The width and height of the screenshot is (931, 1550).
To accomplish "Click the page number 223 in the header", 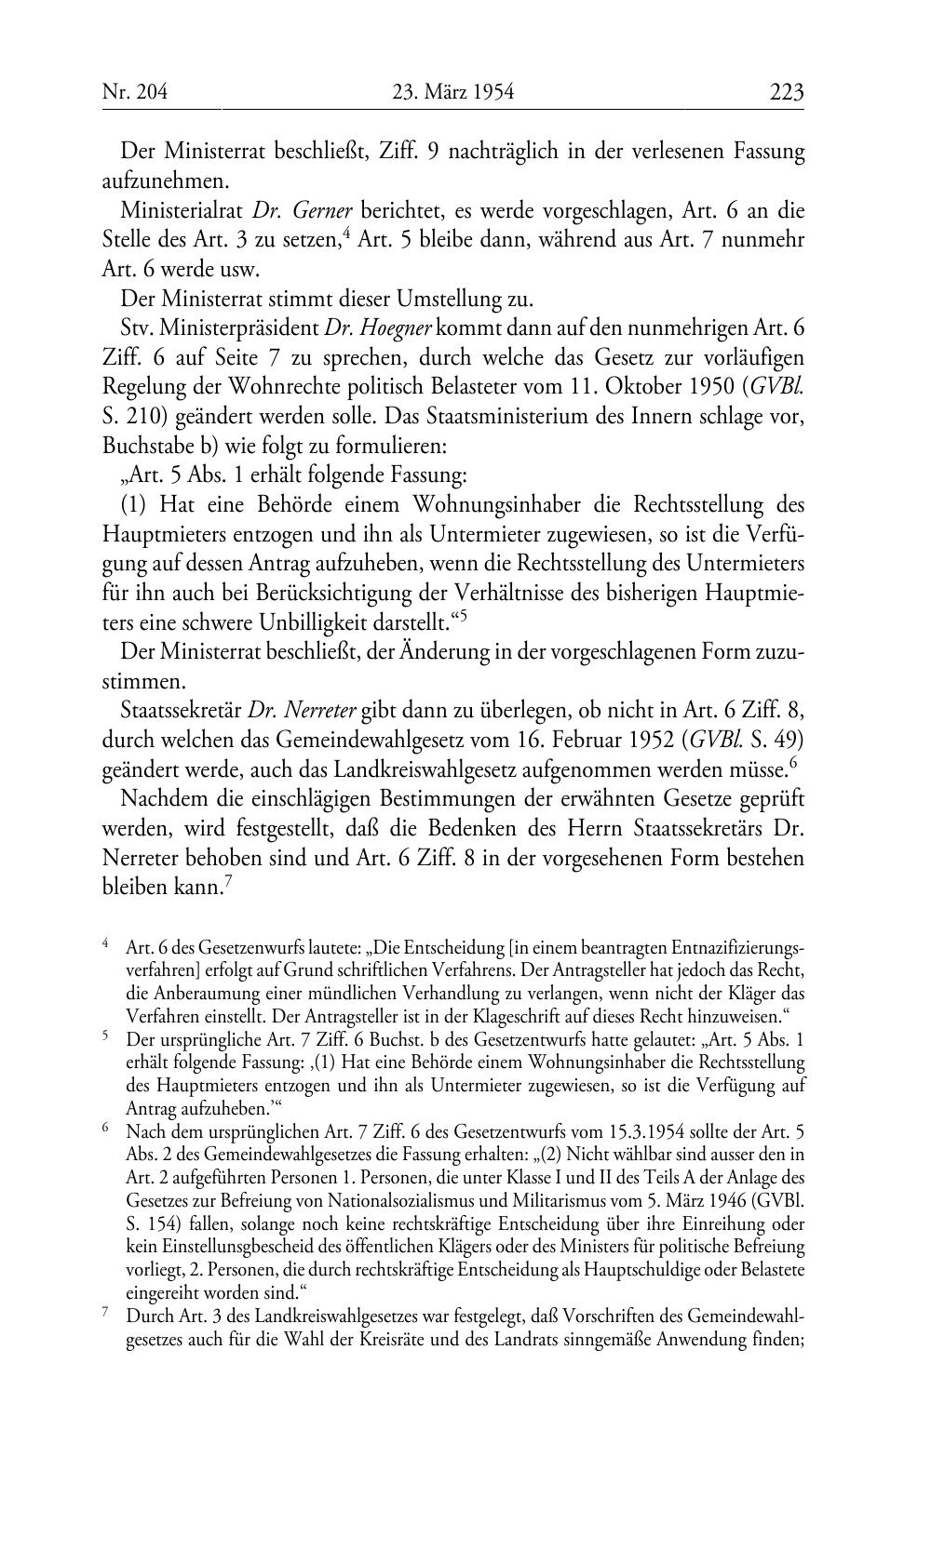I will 786,92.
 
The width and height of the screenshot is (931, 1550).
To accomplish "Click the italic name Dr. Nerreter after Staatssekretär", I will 289,711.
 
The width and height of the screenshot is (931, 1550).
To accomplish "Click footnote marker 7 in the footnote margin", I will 106,1314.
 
